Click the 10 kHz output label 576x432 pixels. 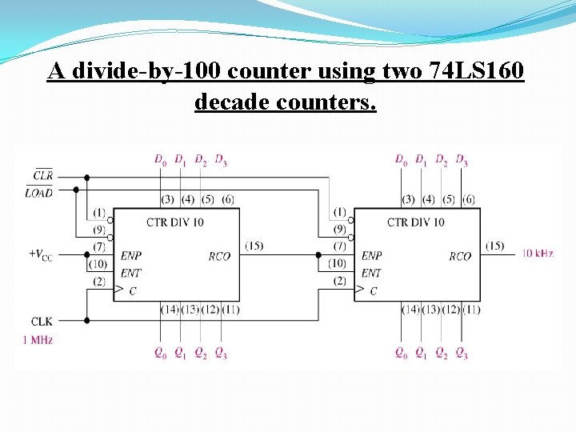click(538, 253)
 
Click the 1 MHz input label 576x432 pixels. click(38, 340)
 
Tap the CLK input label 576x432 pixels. click(42, 322)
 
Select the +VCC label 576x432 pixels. click(41, 254)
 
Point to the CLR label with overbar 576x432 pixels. click(43, 174)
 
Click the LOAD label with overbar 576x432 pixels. click(39, 192)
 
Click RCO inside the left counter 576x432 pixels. click(219, 257)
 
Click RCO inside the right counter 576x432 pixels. click(460, 257)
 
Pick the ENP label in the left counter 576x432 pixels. click(130, 256)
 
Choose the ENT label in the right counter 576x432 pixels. click(371, 273)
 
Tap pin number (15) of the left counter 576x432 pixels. click(254, 246)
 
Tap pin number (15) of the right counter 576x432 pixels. click(494, 246)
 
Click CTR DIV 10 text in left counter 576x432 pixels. click(175, 222)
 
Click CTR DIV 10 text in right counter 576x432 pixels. click(416, 222)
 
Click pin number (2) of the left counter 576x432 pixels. click(99, 281)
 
